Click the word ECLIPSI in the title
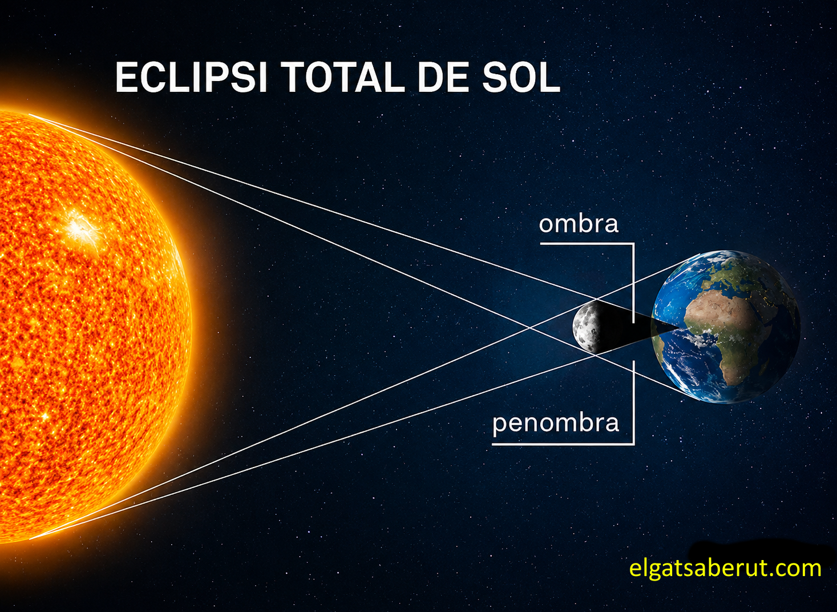coord(191,77)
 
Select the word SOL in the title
coord(521,77)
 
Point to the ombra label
coord(579,224)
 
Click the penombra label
coord(556,424)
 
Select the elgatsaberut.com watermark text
coord(725,569)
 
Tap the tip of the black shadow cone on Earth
coord(680,328)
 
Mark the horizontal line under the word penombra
coord(563,445)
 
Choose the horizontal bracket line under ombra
coord(587,244)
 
